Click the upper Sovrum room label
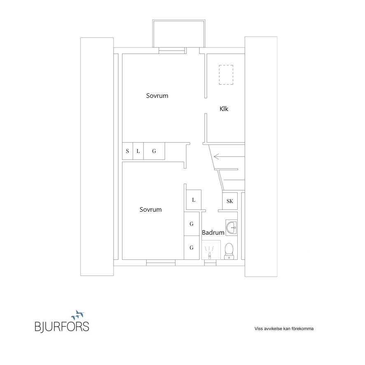[x=157, y=96]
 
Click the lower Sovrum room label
[x=150, y=210]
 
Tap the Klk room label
[x=224, y=109]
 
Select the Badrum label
[x=213, y=232]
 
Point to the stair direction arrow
[x=229, y=157]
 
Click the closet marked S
[x=127, y=151]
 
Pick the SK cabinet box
[x=230, y=201]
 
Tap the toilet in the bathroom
[x=229, y=251]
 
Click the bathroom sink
[x=231, y=227]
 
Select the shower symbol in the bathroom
[x=211, y=250]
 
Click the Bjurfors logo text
[x=62, y=326]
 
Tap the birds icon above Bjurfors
[x=78, y=315]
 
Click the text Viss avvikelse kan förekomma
[x=284, y=329]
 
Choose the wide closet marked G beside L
[x=154, y=151]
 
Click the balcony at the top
[x=179, y=34]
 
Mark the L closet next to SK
[x=194, y=200]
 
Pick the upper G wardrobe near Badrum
[x=192, y=224]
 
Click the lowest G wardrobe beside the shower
[x=192, y=248]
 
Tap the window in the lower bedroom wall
[x=161, y=263]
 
